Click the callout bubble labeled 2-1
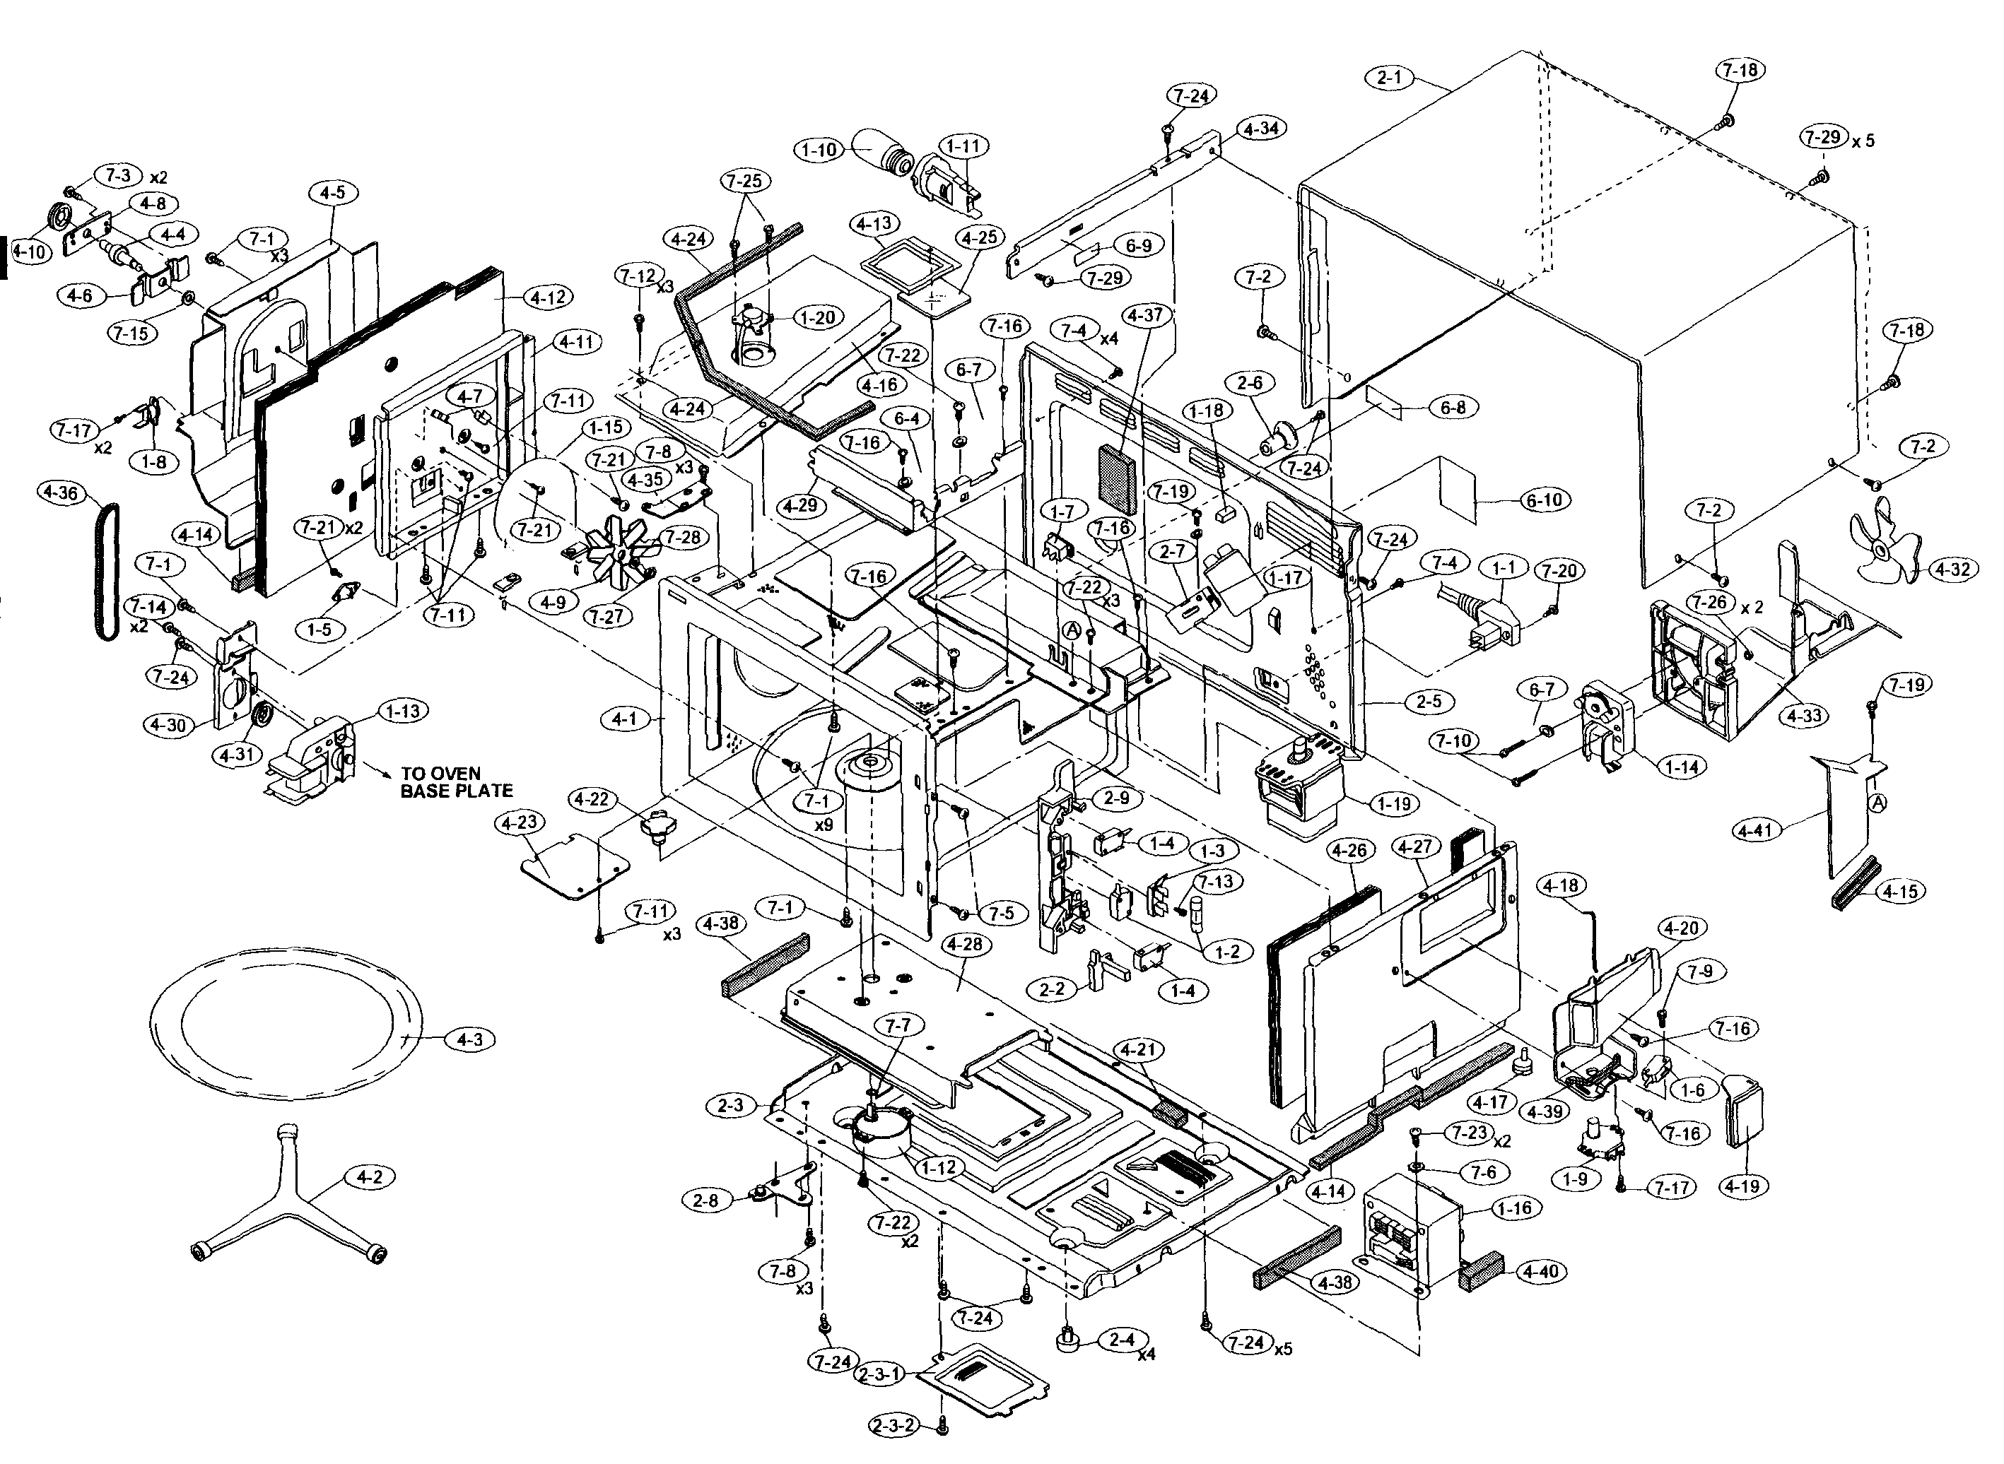(x=1390, y=77)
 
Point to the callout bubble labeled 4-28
(x=964, y=945)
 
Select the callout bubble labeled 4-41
(x=1757, y=830)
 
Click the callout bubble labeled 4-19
(x=1743, y=1185)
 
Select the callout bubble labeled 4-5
(x=332, y=192)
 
